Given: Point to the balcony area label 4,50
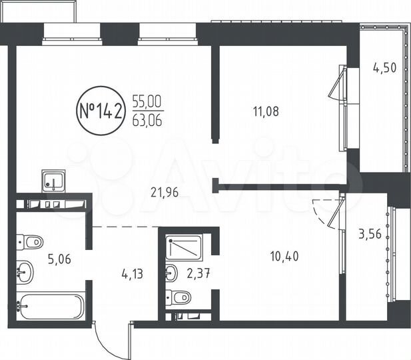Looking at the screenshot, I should [x=385, y=67].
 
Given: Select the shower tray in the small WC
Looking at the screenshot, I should [x=186, y=248].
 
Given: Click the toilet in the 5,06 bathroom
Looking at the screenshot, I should [x=30, y=241].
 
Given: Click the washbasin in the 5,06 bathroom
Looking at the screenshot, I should [x=26, y=271].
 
